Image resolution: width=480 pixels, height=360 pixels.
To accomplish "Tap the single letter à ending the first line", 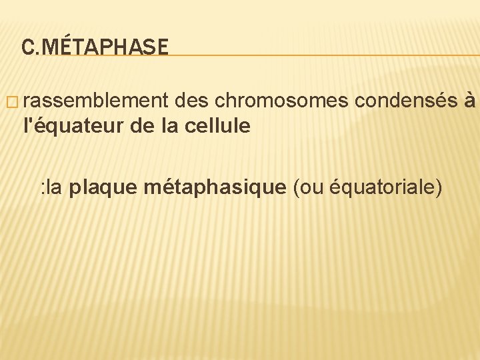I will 471,101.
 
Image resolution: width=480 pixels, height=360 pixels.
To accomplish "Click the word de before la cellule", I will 141,125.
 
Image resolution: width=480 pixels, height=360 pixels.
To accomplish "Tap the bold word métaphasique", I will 214,187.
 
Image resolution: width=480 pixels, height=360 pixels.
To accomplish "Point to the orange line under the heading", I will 320,55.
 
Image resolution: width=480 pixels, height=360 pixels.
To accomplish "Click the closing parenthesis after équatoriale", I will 438,188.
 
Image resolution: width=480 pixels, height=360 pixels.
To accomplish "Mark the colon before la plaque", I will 42,189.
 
